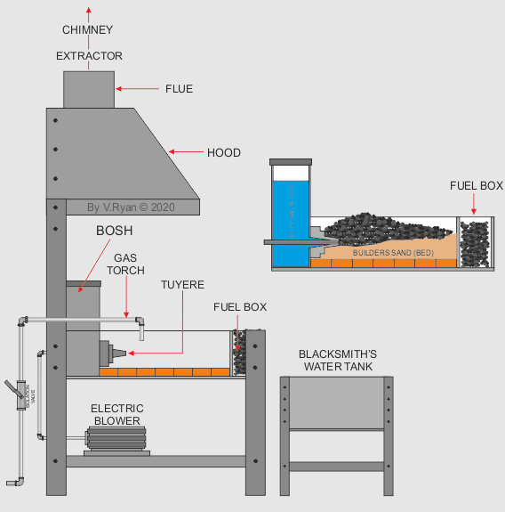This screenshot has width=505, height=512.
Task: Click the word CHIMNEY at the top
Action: coord(87,30)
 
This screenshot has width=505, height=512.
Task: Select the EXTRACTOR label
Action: coord(89,56)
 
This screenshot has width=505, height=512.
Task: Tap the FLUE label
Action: coord(179,89)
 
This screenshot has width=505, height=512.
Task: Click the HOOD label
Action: coord(223,152)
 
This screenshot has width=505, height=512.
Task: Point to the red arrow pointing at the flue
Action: coord(134,89)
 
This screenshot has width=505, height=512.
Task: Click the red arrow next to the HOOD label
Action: coord(186,152)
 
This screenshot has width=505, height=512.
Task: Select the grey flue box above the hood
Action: coord(89,90)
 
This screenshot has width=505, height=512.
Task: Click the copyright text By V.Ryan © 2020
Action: coord(132,207)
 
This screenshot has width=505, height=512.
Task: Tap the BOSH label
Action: coord(114,231)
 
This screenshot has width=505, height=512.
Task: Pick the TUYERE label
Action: coord(182,285)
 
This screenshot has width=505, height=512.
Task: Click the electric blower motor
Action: coord(116,437)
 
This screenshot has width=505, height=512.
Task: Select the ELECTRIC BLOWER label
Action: coord(116,415)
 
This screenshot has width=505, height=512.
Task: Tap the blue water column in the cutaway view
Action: coord(290,222)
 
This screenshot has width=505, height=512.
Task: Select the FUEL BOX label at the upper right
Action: coord(477,186)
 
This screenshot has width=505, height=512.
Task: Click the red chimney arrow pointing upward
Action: coord(87,12)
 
